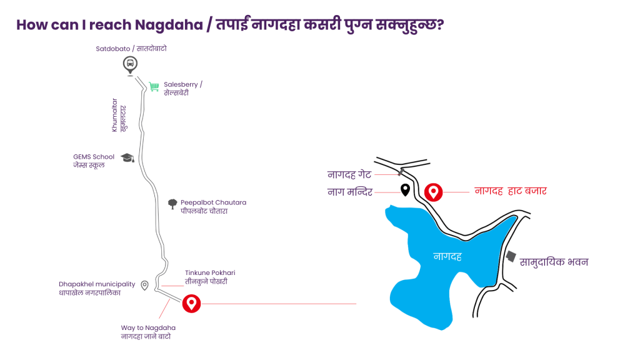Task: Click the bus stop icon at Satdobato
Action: click(x=130, y=63)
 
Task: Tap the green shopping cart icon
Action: click(x=154, y=87)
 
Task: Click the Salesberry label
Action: click(x=182, y=88)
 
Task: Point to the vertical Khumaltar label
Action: click(x=119, y=114)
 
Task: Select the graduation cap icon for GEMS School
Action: click(x=127, y=158)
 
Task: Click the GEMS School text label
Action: click(x=94, y=161)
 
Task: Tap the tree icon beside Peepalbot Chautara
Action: click(x=172, y=204)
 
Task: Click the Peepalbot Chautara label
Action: click(x=213, y=206)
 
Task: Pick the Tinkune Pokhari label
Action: click(x=210, y=277)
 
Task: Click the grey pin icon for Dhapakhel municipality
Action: click(x=144, y=285)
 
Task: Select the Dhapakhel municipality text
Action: click(x=97, y=288)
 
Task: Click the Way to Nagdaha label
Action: click(x=148, y=332)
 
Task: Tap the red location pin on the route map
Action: click(x=191, y=304)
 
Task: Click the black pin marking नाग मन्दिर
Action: click(x=405, y=190)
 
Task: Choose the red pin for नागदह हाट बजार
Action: click(x=433, y=192)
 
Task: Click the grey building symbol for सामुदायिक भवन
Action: click(x=511, y=256)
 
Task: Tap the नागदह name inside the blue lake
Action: click(x=447, y=256)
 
